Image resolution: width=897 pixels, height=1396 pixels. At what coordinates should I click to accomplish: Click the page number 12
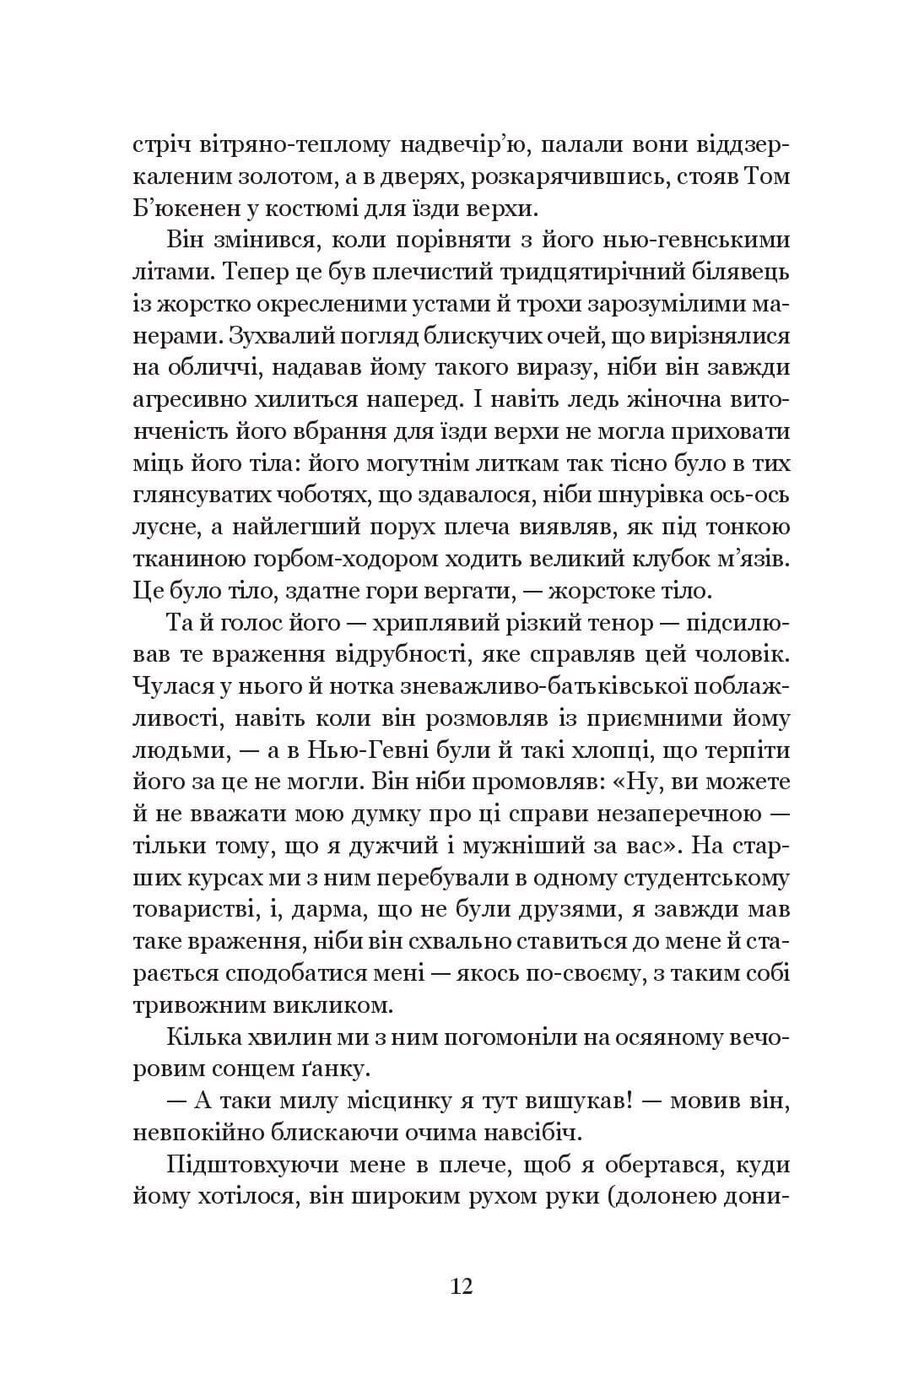(x=462, y=1286)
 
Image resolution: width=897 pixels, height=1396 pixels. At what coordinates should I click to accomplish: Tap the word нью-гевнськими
(x=705, y=239)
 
